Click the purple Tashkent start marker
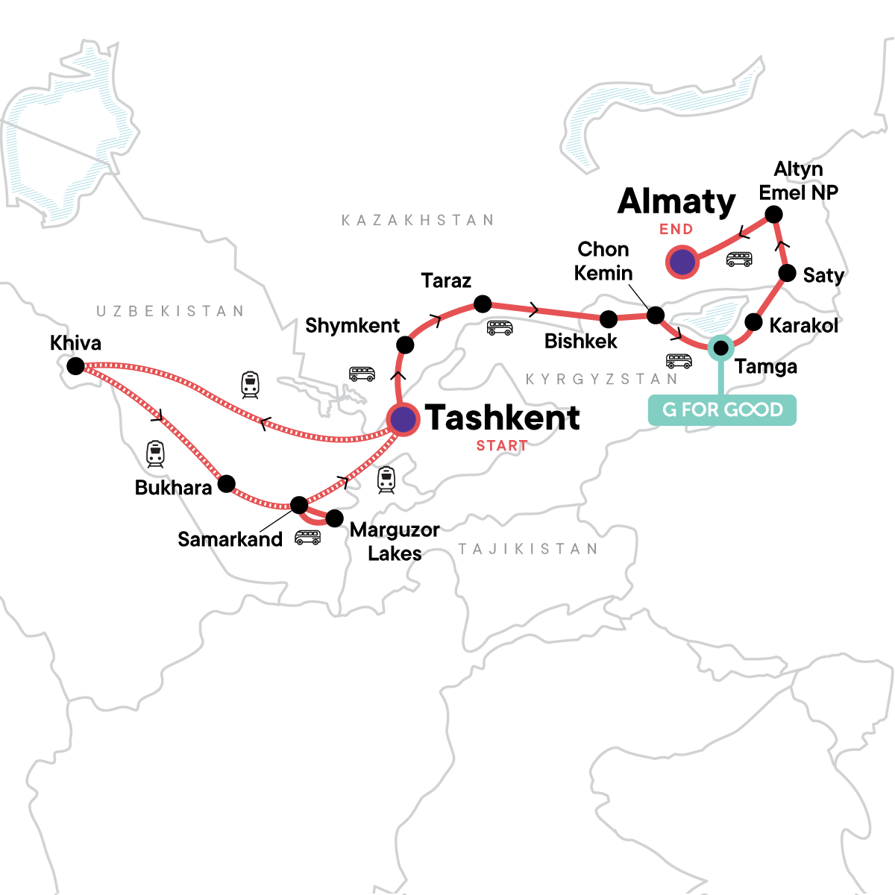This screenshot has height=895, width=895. click(x=403, y=420)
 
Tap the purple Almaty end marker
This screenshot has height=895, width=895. click(x=681, y=263)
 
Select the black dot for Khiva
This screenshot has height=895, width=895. click(x=75, y=366)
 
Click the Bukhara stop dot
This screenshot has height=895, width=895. click(x=226, y=483)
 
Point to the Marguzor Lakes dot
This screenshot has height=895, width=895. click(x=335, y=518)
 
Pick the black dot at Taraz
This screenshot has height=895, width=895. click(x=483, y=304)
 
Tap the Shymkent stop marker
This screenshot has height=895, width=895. click(x=405, y=345)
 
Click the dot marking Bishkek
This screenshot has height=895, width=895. click(x=609, y=319)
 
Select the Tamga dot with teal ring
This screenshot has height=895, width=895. click(x=720, y=348)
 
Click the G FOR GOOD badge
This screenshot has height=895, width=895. click(x=722, y=410)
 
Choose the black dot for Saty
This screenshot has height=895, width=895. click(x=787, y=273)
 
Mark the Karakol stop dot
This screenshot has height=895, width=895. click(x=754, y=322)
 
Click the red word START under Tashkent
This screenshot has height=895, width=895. click(x=502, y=446)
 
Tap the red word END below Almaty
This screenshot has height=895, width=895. click(x=676, y=230)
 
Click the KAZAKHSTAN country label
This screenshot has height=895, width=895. click(x=418, y=220)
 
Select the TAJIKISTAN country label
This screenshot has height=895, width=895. click(x=528, y=550)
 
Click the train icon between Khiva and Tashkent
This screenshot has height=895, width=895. click(x=251, y=384)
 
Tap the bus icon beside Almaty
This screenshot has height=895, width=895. click(x=739, y=260)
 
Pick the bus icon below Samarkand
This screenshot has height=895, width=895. click(x=307, y=537)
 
